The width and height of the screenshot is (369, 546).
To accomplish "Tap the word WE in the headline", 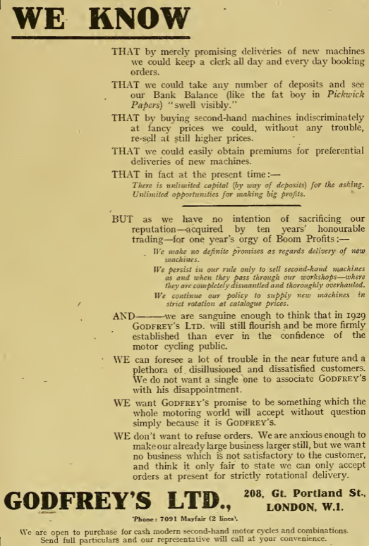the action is pyautogui.click(x=35, y=18).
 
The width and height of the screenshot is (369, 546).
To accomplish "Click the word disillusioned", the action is pyautogui.click(x=200, y=371).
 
